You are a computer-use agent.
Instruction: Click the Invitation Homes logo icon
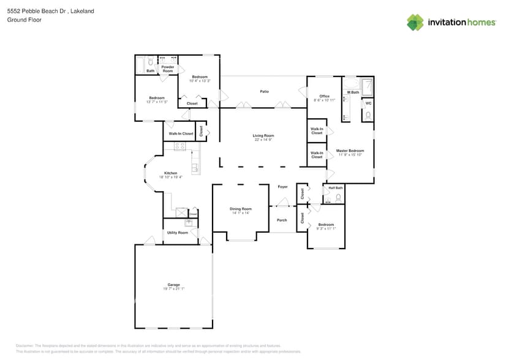click(415, 22)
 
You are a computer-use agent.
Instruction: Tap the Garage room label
click(174, 285)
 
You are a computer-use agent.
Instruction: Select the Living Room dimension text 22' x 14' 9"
click(263, 140)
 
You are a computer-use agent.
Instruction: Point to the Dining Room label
click(241, 209)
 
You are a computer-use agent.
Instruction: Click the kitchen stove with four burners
click(180, 146)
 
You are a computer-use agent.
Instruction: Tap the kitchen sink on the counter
click(196, 166)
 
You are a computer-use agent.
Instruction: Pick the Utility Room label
click(178, 233)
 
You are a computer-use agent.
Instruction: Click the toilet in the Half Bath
click(337, 197)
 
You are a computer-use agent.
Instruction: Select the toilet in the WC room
click(368, 114)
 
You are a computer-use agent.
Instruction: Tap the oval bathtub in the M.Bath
click(352, 84)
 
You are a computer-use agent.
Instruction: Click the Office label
click(325, 96)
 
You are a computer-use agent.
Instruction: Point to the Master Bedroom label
click(351, 151)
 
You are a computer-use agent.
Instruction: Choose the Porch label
click(282, 220)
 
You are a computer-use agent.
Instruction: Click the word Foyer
click(282, 187)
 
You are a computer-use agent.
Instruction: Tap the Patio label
click(264, 92)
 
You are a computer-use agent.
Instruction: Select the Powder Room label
click(168, 69)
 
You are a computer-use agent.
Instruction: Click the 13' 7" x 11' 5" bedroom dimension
click(157, 102)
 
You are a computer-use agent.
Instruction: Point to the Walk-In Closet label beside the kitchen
click(178, 133)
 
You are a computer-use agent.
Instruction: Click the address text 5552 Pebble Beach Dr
click(37, 11)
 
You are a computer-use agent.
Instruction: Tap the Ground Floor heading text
click(20, 20)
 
